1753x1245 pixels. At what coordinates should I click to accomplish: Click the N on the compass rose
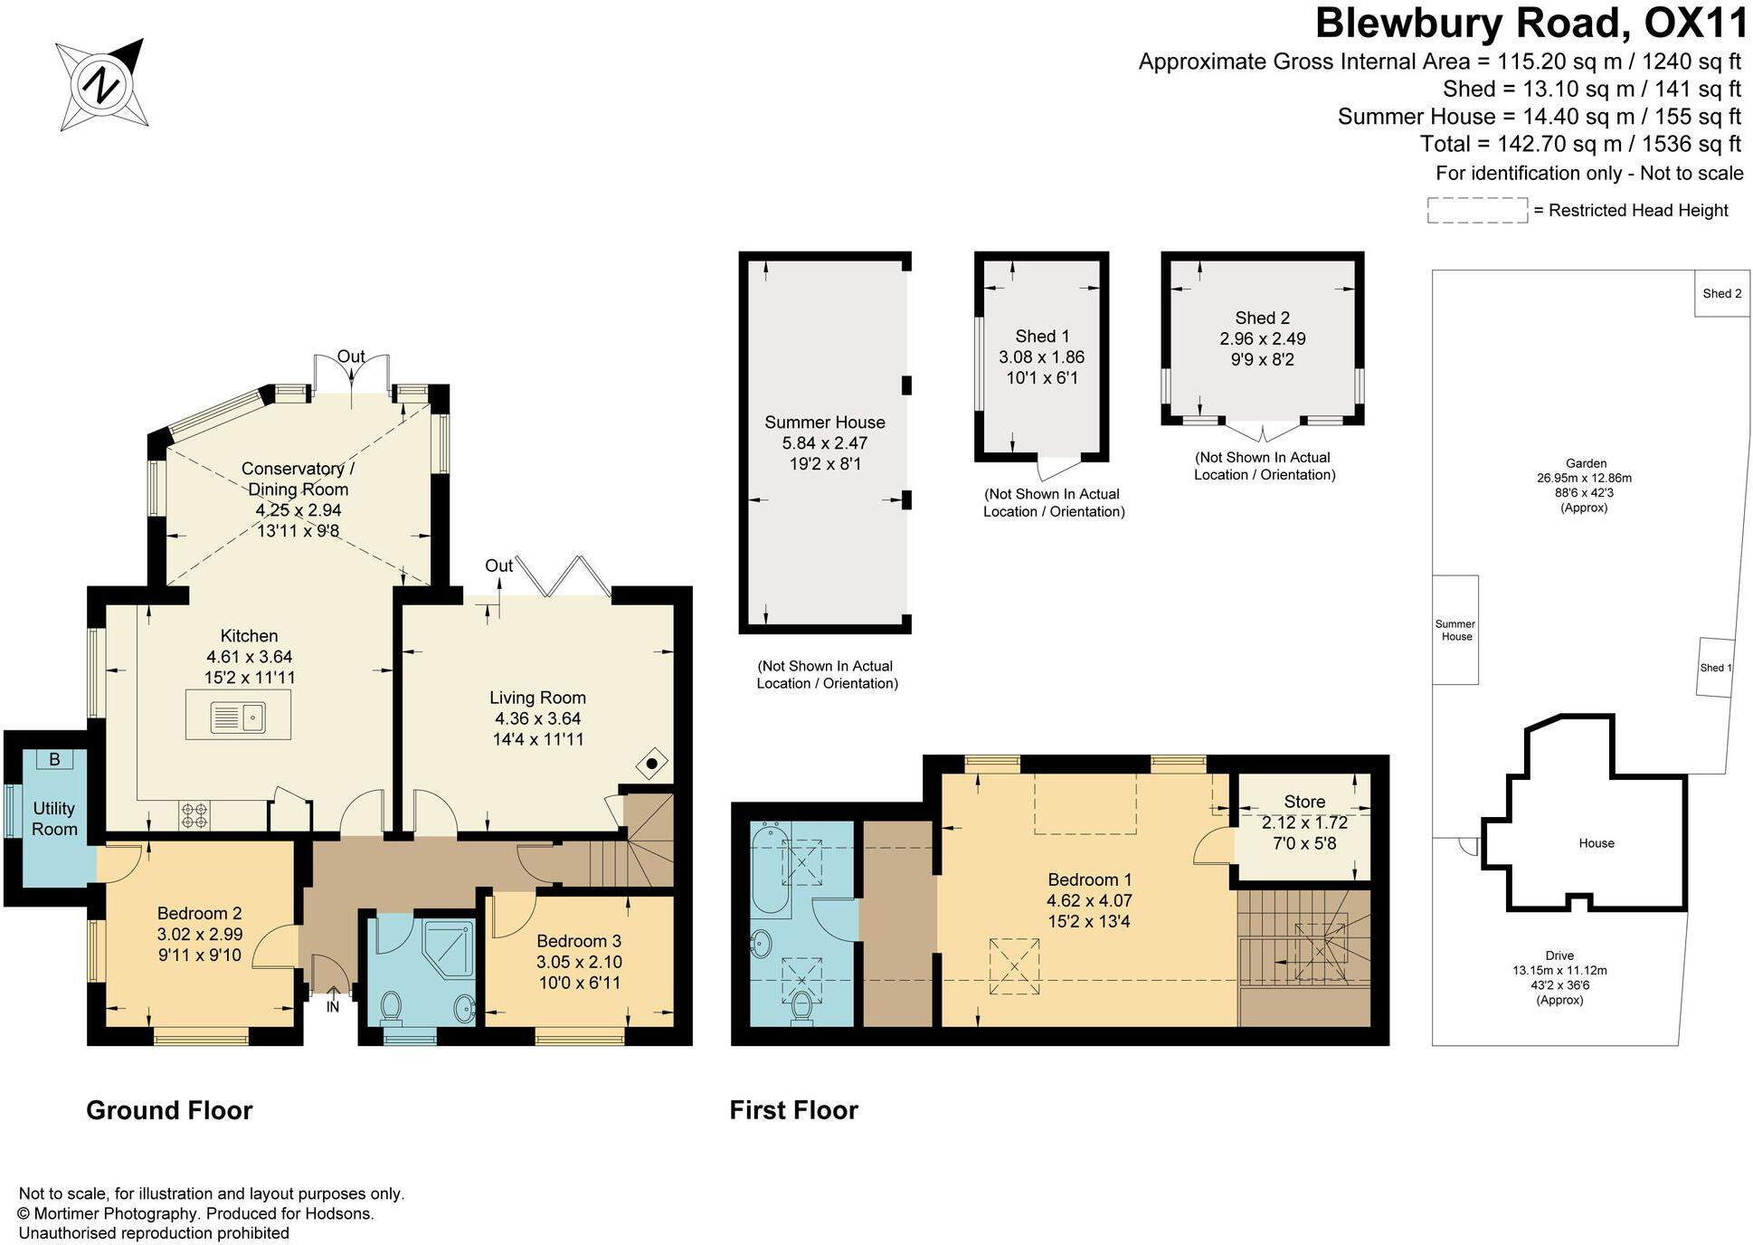pyautogui.click(x=100, y=86)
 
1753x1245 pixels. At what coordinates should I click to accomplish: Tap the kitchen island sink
pyautogui.click(x=238, y=717)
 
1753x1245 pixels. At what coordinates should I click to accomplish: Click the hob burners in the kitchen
pyautogui.click(x=194, y=815)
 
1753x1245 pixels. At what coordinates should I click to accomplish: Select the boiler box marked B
pyautogui.click(x=54, y=759)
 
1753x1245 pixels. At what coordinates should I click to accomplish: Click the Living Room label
pyautogui.click(x=537, y=698)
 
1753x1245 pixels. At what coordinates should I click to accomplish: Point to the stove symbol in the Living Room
pyautogui.click(x=652, y=764)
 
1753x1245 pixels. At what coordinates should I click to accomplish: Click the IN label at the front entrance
pyautogui.click(x=332, y=1006)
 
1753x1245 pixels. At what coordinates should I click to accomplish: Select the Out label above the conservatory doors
pyautogui.click(x=351, y=356)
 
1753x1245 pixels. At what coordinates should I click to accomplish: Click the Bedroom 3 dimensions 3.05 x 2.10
pyautogui.click(x=579, y=962)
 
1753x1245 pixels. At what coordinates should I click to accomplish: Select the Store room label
pyautogui.click(x=1303, y=802)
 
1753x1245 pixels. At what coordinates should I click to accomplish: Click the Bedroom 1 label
pyautogui.click(x=1089, y=879)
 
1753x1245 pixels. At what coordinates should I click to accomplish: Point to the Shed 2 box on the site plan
pyautogui.click(x=1721, y=293)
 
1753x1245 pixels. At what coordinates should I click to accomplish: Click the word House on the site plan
pyautogui.click(x=1596, y=843)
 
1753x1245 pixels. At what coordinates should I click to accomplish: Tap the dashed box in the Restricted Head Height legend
pyautogui.click(x=1476, y=210)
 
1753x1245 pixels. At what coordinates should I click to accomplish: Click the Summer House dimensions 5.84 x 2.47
pyautogui.click(x=824, y=443)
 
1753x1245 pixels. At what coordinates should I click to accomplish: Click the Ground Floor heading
pyautogui.click(x=169, y=1110)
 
